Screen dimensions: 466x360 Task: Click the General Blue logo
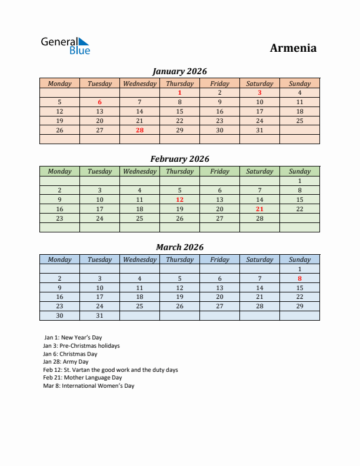click(x=65, y=46)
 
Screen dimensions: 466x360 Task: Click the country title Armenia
click(x=293, y=48)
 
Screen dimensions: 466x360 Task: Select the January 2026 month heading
click(x=179, y=71)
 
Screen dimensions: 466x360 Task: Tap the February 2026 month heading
click(x=179, y=159)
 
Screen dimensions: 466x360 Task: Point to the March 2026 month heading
click(x=179, y=247)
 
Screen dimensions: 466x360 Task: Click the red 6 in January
click(x=99, y=102)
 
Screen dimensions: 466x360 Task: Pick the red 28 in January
click(x=139, y=130)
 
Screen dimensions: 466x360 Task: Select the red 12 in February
click(x=179, y=199)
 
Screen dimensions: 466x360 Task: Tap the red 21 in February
click(x=259, y=209)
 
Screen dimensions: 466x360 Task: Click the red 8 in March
click(x=299, y=278)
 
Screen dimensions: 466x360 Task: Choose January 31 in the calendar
click(x=259, y=130)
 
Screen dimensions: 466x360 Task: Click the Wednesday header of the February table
click(x=139, y=171)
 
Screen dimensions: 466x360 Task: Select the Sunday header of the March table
click(x=299, y=259)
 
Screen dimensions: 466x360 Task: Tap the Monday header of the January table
click(x=59, y=84)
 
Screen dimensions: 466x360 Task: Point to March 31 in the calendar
click(x=99, y=316)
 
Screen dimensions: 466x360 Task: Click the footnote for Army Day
click(x=66, y=362)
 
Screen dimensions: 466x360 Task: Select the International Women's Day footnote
click(x=89, y=386)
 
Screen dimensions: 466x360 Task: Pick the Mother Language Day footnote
click(x=82, y=378)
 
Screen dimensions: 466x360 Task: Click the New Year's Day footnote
click(x=73, y=338)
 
